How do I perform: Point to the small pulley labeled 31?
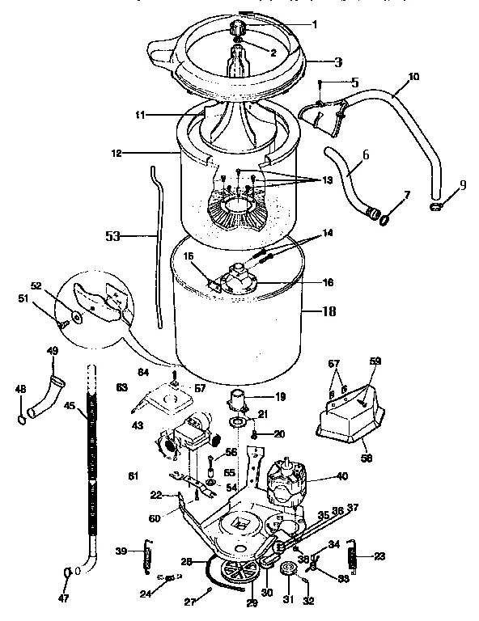(288, 575)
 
